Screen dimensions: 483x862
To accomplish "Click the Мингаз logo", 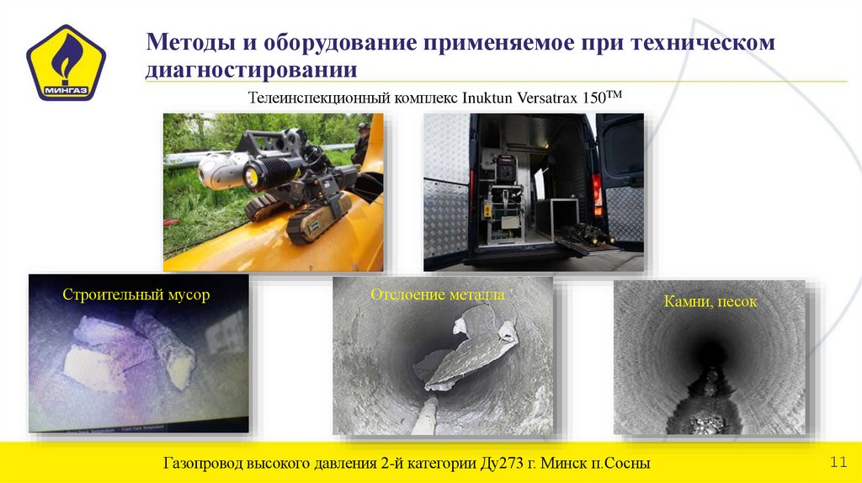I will pyautogui.click(x=66, y=63).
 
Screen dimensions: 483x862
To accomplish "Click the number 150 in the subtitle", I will pyautogui.click(x=595, y=97).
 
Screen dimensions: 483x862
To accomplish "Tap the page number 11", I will pyautogui.click(x=838, y=463).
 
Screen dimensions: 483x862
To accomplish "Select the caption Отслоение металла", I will pyautogui.click(x=438, y=295).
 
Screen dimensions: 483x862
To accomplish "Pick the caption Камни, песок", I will pyautogui.click(x=710, y=301).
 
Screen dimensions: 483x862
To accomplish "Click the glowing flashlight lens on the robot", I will pyautogui.click(x=251, y=176).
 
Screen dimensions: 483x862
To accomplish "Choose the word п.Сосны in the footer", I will pyautogui.click(x=619, y=464).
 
